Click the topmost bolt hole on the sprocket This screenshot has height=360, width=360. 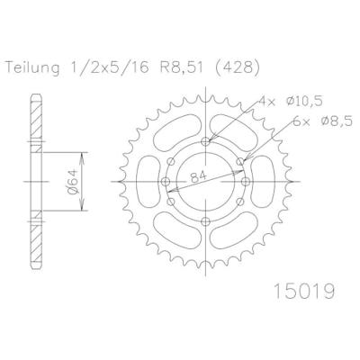(206, 141)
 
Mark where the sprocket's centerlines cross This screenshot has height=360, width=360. (206, 181)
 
